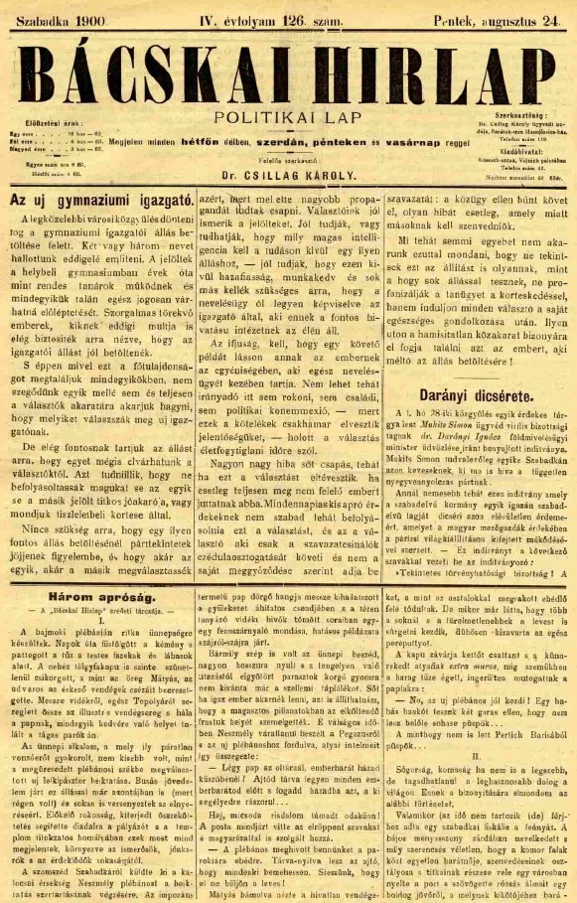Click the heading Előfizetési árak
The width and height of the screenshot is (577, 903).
[x=40, y=125]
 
